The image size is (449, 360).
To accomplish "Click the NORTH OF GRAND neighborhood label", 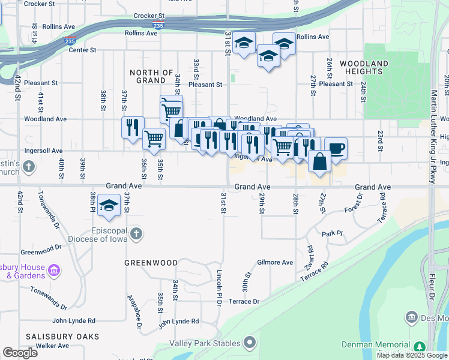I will pos(152,76).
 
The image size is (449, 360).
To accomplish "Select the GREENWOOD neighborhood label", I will pos(151,263).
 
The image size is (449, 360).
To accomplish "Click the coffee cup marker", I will pos(336,148).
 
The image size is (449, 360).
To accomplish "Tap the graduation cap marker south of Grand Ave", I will pos(109,206).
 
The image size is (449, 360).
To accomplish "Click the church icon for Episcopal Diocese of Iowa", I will pos(136,233).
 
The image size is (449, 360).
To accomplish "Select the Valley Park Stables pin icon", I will pos(250,343).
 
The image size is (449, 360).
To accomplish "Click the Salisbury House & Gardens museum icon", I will pos(54,271).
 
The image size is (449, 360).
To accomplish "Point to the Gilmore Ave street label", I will pos(275,262).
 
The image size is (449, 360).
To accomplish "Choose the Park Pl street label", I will pos(331,233).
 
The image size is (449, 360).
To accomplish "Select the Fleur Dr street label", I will pos(432,296).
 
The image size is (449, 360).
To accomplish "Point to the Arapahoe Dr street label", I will pos(133,311).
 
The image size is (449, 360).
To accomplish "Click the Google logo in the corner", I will pos(20,353).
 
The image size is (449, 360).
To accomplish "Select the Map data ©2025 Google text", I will pos(412,355).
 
